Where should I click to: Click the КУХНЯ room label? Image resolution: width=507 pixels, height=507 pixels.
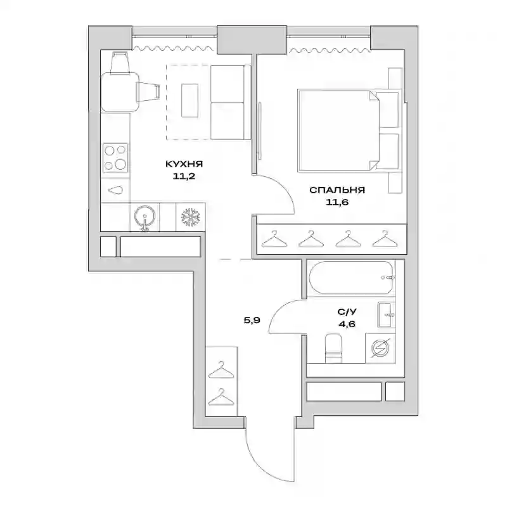(184, 164)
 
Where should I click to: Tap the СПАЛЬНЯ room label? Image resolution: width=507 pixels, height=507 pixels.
(337, 189)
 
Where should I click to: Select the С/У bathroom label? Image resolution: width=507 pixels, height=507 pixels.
(347, 312)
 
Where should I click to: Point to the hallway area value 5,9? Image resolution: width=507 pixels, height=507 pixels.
(252, 321)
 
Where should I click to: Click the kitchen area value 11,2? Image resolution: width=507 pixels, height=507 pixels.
(184, 177)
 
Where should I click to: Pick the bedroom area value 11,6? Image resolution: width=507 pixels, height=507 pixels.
(337, 202)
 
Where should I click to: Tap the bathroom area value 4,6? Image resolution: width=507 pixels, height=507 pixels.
(347, 324)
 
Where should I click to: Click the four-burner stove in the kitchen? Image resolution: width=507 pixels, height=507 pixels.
(115, 158)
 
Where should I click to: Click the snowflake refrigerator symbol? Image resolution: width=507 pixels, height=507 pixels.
(191, 217)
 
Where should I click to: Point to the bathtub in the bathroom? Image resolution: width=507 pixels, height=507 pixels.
(351, 278)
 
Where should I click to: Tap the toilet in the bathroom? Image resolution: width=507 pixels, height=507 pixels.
(333, 348)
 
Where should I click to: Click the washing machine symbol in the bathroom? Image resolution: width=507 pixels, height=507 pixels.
(380, 348)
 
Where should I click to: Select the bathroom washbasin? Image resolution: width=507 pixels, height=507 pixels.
(386, 314)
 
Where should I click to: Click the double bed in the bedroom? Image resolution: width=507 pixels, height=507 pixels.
(348, 131)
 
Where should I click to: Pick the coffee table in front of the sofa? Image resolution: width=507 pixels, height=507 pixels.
(189, 100)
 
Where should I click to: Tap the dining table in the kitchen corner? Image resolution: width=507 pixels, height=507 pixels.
(120, 92)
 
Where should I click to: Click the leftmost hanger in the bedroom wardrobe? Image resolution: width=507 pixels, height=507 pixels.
(274, 240)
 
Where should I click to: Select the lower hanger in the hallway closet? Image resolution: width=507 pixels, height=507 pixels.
(221, 397)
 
